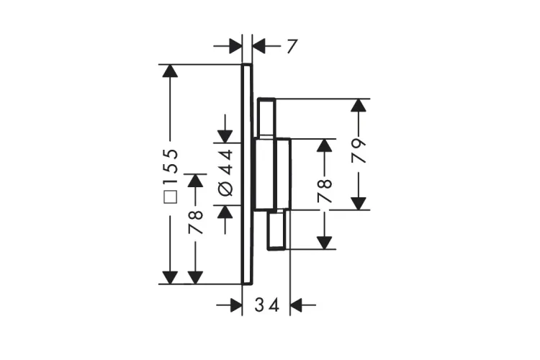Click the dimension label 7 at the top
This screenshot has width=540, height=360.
click(x=292, y=47)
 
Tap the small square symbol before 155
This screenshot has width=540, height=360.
click(x=170, y=197)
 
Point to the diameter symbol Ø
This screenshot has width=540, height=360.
click(x=225, y=188)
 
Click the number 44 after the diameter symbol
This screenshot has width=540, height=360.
click(x=226, y=162)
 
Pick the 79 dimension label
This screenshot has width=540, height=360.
click(x=359, y=151)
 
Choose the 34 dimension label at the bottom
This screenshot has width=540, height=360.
click(x=266, y=305)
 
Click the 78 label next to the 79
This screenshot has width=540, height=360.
click(x=325, y=191)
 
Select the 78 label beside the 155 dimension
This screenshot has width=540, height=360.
click(x=196, y=222)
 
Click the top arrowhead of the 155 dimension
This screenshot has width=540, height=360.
click(x=170, y=71)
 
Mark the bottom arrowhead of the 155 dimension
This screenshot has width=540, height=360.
click(x=170, y=278)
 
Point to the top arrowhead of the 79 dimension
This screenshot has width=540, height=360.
click(x=359, y=105)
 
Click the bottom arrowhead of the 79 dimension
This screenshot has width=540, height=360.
click(x=359, y=203)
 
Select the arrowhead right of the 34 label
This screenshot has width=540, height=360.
click(x=296, y=305)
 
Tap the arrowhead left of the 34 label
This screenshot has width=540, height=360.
click(x=236, y=305)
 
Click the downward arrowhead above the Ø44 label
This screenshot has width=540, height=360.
click(x=225, y=136)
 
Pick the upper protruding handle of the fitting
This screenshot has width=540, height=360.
click(x=267, y=118)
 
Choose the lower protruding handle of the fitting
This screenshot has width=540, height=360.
click(x=276, y=229)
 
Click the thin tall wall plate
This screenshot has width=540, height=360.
click(x=247, y=174)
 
